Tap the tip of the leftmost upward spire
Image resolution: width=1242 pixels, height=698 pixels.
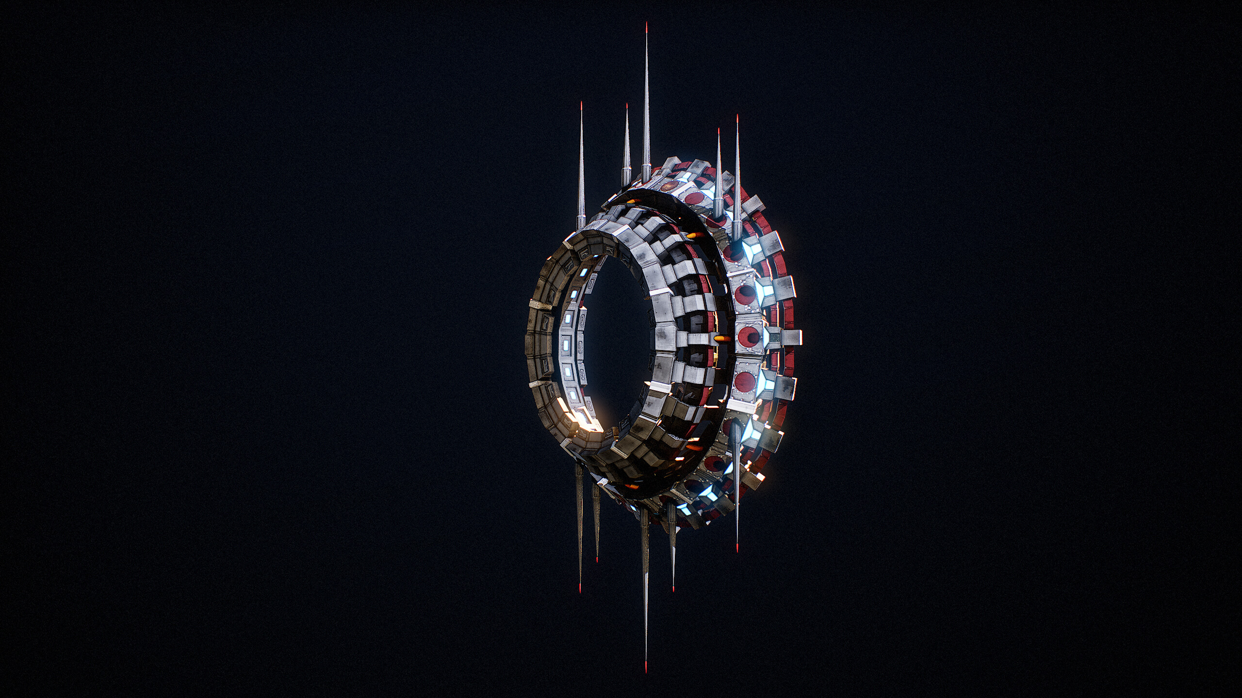pos(581,103)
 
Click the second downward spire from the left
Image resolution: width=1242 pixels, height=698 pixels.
pos(596,523)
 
